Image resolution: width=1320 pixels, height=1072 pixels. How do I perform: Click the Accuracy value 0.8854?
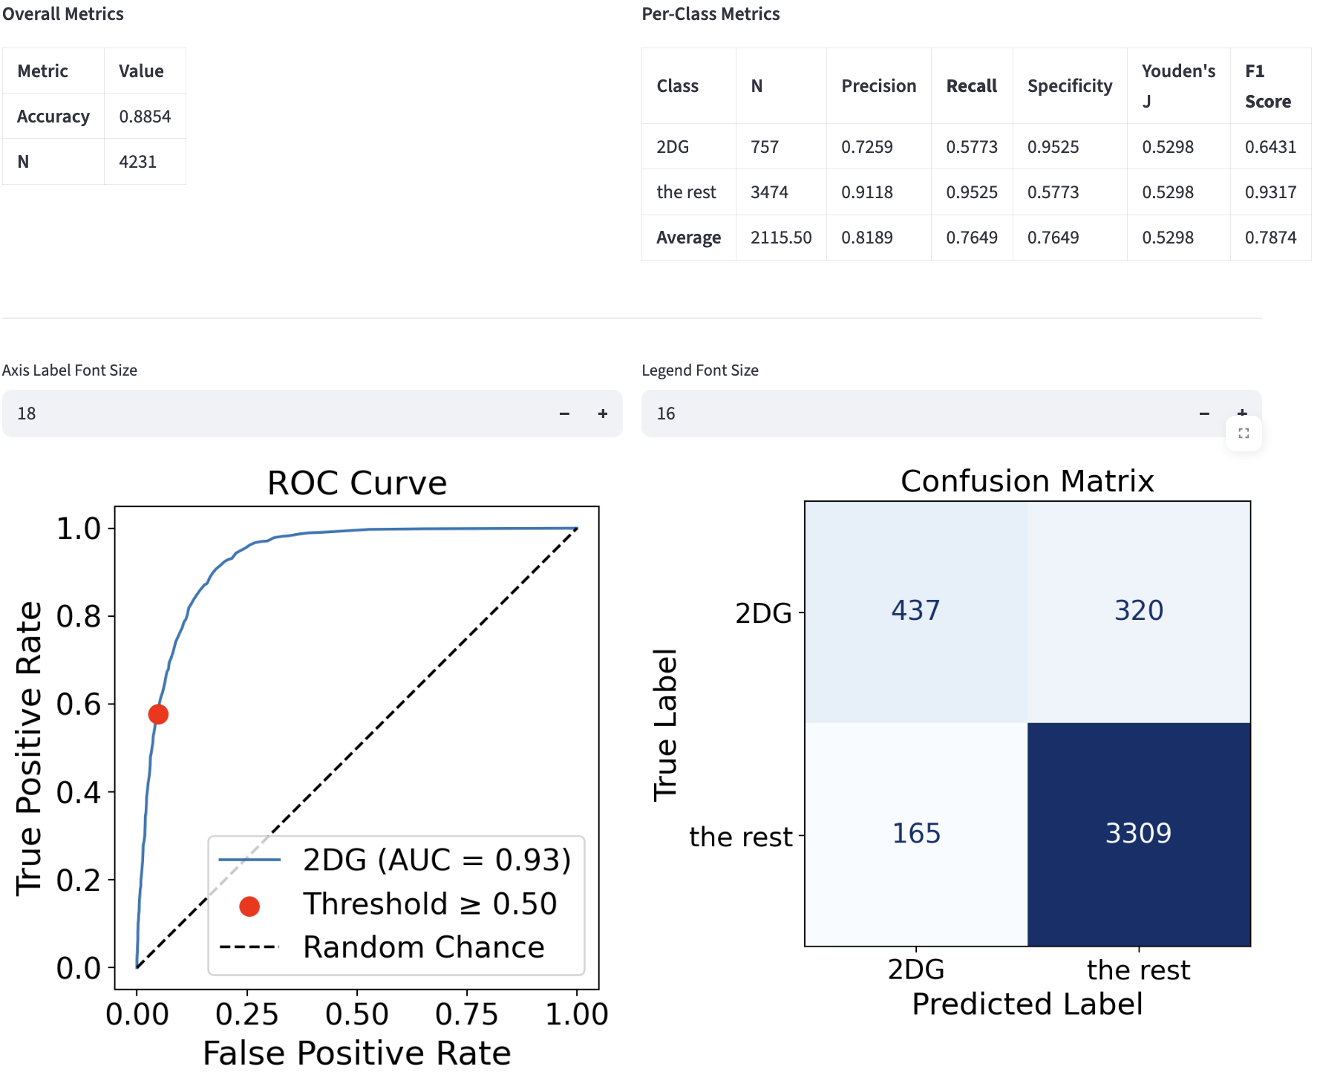pyautogui.click(x=145, y=117)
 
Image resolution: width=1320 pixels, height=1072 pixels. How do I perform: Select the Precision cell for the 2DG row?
pyautogui.click(x=866, y=147)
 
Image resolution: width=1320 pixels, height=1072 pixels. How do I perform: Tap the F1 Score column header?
pyautogui.click(x=1267, y=86)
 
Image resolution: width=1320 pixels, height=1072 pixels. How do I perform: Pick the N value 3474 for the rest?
pyautogui.click(x=769, y=192)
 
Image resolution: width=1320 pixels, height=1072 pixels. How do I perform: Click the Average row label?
pyautogui.click(x=688, y=238)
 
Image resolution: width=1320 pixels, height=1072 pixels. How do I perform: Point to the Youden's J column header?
pyautogui.click(x=1178, y=86)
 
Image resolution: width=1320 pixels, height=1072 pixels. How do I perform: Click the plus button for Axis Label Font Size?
pyautogui.click(x=603, y=414)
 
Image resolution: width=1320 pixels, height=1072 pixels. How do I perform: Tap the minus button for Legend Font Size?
pyautogui.click(x=1204, y=414)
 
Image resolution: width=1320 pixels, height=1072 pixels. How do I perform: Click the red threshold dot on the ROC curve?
pyautogui.click(x=158, y=714)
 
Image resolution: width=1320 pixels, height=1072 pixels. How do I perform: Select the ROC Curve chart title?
pyautogui.click(x=357, y=483)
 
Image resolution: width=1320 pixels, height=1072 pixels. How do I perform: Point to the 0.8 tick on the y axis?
pyautogui.click(x=79, y=616)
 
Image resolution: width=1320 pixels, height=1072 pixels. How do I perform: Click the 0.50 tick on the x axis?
pyautogui.click(x=357, y=1014)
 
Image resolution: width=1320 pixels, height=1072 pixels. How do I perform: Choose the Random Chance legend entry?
pyautogui.click(x=423, y=947)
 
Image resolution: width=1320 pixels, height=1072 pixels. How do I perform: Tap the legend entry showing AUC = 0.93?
pyautogui.click(x=437, y=860)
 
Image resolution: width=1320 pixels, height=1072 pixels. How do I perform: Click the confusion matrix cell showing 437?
pyautogui.click(x=915, y=611)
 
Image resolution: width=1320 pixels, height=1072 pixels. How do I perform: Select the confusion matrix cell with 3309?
pyautogui.click(x=1138, y=834)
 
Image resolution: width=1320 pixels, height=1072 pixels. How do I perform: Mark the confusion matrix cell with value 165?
pyautogui.click(x=915, y=834)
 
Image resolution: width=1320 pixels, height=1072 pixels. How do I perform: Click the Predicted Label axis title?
pyautogui.click(x=1027, y=1004)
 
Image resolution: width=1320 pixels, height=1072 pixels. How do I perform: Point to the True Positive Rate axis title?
pyautogui.click(x=30, y=748)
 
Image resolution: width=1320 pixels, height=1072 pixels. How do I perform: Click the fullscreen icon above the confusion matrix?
pyautogui.click(x=1244, y=434)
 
